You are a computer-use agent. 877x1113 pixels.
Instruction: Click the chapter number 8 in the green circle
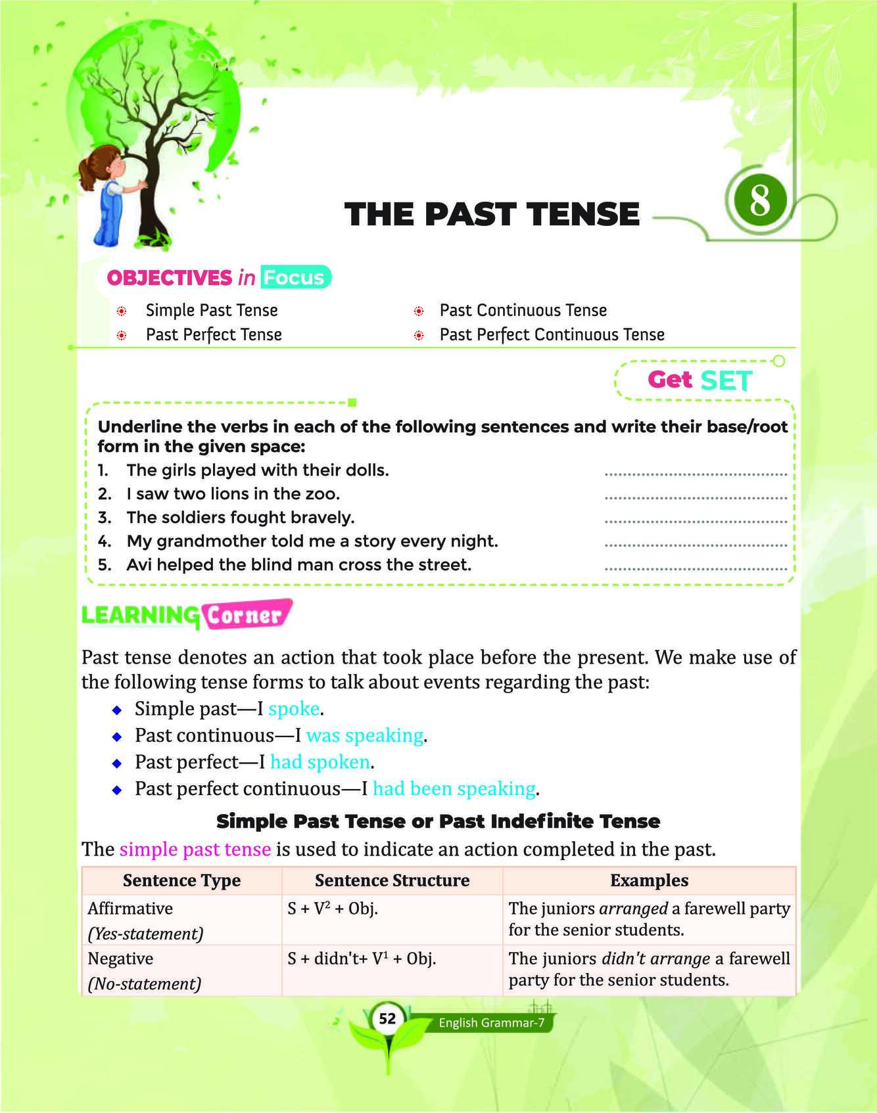point(759,200)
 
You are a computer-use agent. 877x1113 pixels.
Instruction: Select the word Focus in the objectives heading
point(294,277)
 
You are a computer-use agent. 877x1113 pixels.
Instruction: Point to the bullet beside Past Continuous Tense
point(418,311)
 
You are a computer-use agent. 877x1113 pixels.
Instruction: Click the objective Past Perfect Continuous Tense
point(552,334)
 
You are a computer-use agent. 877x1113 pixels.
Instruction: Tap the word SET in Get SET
point(726,380)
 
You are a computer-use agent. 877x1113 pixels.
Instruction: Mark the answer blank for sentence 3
point(695,522)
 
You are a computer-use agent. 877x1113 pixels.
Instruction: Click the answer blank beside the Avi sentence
point(695,569)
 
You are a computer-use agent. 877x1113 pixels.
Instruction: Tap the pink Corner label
point(245,616)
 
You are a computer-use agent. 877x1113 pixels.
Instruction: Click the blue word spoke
point(294,708)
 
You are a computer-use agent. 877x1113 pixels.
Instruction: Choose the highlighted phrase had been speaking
point(454,788)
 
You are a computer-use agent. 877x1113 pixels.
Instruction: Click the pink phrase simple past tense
point(195,849)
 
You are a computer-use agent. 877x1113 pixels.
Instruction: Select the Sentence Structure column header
point(392,880)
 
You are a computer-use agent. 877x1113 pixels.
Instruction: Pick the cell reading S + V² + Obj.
point(333,909)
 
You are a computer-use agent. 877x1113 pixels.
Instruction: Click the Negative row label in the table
point(120,959)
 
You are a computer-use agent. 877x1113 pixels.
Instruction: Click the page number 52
point(387,1018)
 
